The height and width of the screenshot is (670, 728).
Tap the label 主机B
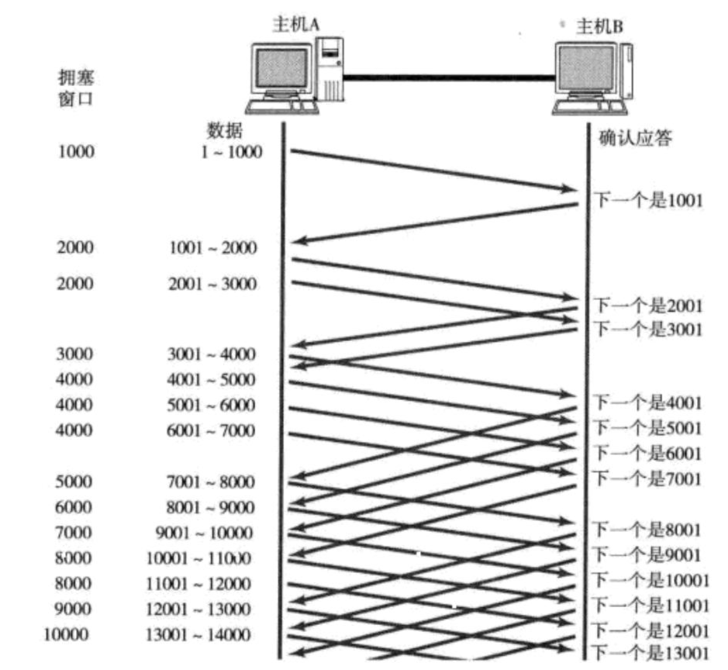tap(599, 27)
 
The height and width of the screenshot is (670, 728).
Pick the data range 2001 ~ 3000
tap(212, 284)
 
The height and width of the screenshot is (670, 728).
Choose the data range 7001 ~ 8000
tap(211, 482)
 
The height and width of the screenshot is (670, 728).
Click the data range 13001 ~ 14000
tap(198, 635)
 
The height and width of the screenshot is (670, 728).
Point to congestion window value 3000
tap(74, 354)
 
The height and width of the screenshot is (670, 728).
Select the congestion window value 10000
tap(66, 635)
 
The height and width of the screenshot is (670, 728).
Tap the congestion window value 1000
tap(76, 151)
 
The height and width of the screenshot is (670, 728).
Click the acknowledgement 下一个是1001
tap(648, 201)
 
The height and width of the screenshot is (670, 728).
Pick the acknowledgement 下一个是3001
tap(648, 329)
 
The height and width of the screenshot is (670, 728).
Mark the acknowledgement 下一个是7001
tap(648, 478)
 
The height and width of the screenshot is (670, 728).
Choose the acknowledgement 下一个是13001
tap(651, 653)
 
